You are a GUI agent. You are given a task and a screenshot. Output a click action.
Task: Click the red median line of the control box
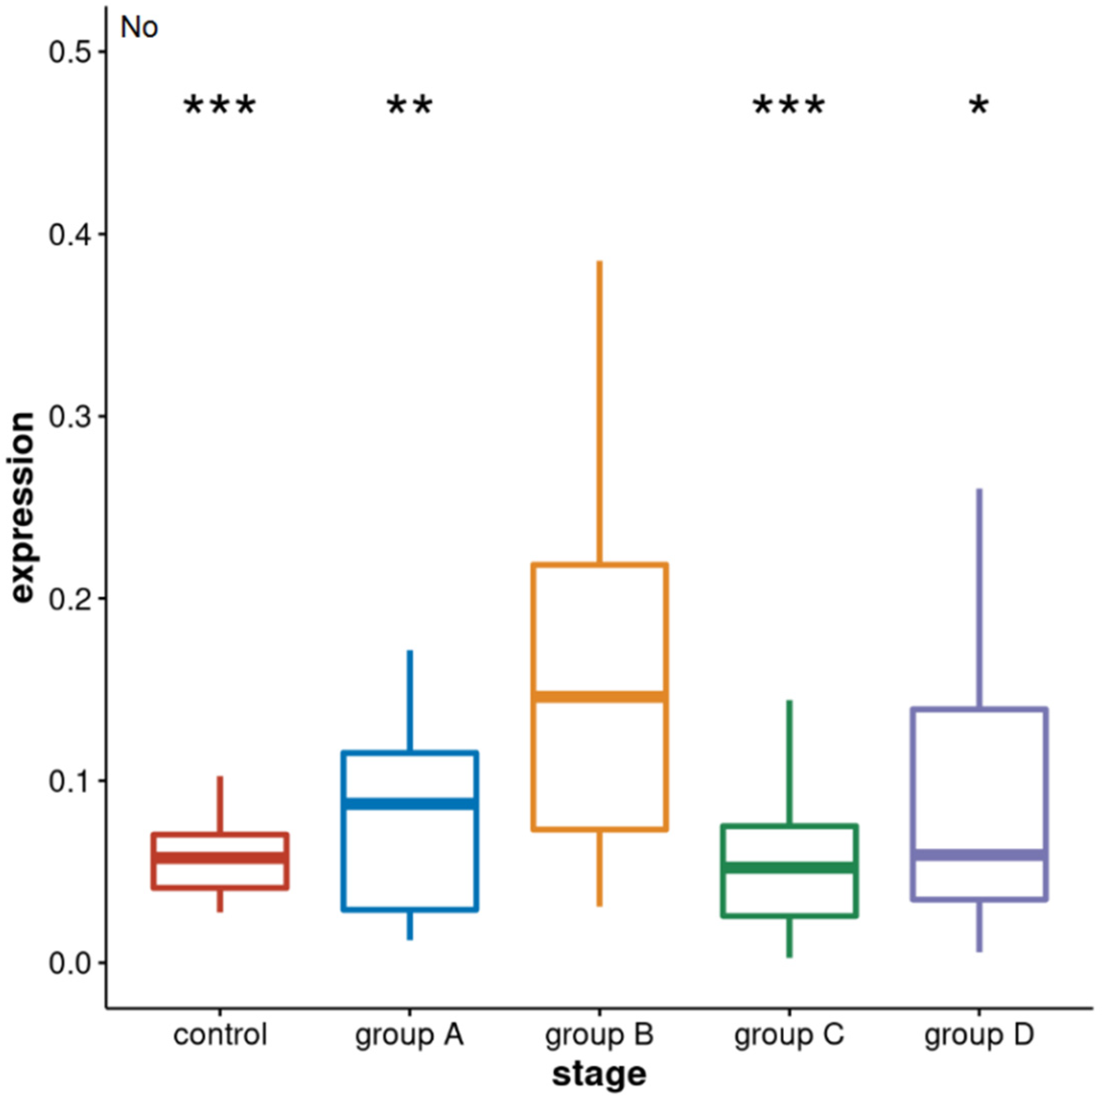(220, 858)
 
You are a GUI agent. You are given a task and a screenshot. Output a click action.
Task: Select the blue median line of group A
(409, 804)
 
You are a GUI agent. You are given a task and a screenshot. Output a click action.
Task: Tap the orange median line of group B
(600, 697)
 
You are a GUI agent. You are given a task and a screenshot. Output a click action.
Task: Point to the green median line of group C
(789, 867)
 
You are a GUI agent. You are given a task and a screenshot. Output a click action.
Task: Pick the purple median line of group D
(979, 855)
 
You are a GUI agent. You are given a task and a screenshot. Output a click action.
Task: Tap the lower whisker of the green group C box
(789, 937)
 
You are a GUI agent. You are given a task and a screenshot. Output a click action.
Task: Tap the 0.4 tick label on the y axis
(69, 235)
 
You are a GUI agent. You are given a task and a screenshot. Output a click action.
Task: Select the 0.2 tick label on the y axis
(69, 599)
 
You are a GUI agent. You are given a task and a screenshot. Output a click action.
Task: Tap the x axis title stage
(600, 1074)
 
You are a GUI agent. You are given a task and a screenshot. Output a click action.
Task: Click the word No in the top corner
(139, 28)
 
